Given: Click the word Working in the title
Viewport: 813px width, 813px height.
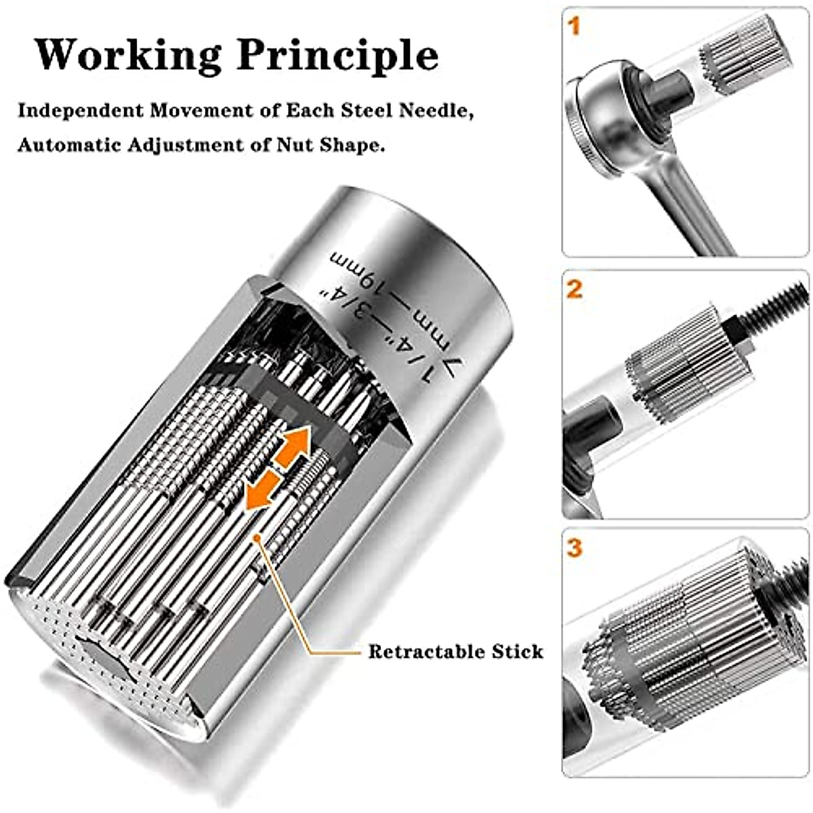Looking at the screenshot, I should (128, 55).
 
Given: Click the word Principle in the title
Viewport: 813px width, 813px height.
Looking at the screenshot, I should (337, 56).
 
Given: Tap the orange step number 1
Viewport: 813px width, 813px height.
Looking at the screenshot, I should (575, 28).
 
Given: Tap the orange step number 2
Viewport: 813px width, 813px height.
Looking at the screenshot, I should (575, 289).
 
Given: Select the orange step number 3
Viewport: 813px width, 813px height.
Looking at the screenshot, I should (575, 547).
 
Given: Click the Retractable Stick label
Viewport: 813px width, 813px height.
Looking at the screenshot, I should (455, 652).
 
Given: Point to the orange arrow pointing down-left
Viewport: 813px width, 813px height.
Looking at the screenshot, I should (262, 491).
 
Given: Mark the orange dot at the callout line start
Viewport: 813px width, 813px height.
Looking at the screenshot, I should (258, 537).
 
